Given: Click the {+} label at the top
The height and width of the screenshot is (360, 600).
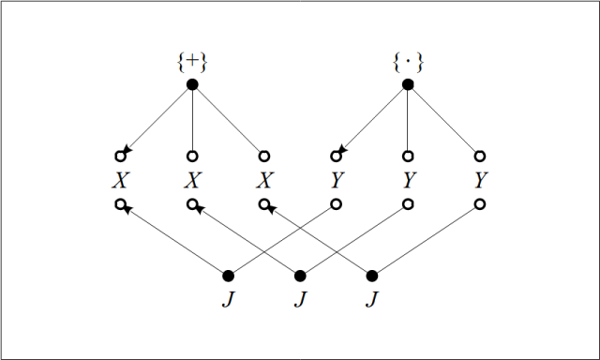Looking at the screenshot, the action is [192, 64].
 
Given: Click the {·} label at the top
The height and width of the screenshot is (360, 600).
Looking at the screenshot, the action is [408, 64].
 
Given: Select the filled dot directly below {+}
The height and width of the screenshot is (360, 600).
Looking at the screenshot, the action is [192, 84].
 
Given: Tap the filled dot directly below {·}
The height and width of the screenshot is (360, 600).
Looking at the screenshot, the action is [408, 84].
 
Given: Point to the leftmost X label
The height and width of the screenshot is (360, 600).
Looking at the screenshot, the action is [120, 179].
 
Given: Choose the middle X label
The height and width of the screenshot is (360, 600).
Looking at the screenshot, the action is [192, 179].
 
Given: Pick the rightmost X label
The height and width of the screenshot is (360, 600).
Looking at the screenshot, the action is [264, 179].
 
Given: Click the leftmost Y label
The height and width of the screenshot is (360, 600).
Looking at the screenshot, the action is [336, 179].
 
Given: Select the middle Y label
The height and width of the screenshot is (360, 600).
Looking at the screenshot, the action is [408, 179].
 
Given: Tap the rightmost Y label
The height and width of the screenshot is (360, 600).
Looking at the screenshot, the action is [480, 179].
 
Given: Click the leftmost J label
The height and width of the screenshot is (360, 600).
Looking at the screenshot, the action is [228, 300].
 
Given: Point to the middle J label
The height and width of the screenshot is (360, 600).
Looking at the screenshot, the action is [300, 300].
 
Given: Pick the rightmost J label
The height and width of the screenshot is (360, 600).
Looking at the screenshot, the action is [372, 300].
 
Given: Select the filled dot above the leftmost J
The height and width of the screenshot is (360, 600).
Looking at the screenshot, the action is [228, 276].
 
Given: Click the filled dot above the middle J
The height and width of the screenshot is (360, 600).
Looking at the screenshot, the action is [300, 276].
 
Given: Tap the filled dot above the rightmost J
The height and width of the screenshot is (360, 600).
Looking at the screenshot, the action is [372, 276].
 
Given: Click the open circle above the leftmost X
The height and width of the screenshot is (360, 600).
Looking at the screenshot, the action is [120, 156].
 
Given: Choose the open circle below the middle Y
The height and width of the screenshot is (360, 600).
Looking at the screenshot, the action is [408, 203].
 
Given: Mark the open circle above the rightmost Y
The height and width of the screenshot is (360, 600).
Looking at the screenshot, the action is [480, 156].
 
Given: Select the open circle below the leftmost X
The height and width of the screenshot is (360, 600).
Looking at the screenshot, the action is [120, 203].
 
